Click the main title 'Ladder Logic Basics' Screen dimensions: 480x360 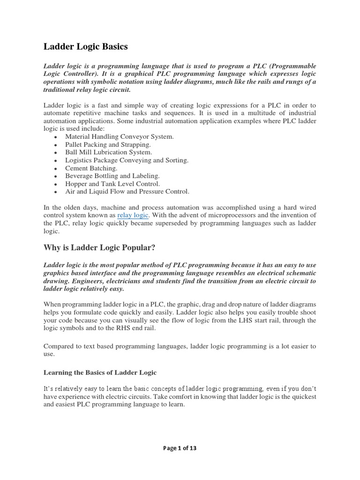pos(85,46)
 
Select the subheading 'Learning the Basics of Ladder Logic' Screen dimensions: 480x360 pos(100,372)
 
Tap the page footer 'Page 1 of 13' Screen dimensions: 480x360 pos(180,448)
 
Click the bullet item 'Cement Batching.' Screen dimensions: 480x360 pos(91,168)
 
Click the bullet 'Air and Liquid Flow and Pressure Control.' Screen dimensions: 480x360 pos(127,192)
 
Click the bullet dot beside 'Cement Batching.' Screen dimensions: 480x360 pos(56,168)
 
